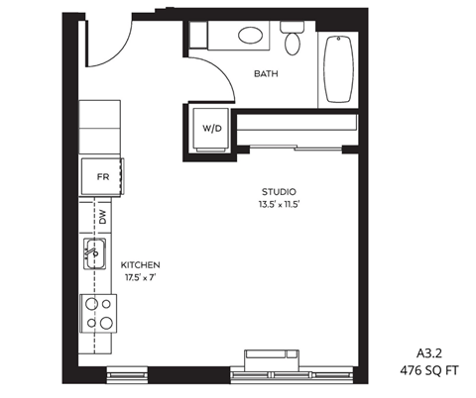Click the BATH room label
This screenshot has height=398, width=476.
coord(266,74)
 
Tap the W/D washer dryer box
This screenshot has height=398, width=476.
coord(212,128)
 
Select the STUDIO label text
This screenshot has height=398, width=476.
coord(279,191)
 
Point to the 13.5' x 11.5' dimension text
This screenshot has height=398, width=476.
coord(279,205)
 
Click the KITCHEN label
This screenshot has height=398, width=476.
coord(140,265)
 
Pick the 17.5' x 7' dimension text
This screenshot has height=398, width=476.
coord(140,279)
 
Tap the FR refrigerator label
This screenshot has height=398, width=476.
coord(101,177)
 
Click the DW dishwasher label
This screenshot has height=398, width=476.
coord(102,216)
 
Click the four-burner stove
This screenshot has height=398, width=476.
coord(98,314)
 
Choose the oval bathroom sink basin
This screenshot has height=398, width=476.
coord(251,36)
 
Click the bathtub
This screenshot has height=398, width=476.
coord(339,71)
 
